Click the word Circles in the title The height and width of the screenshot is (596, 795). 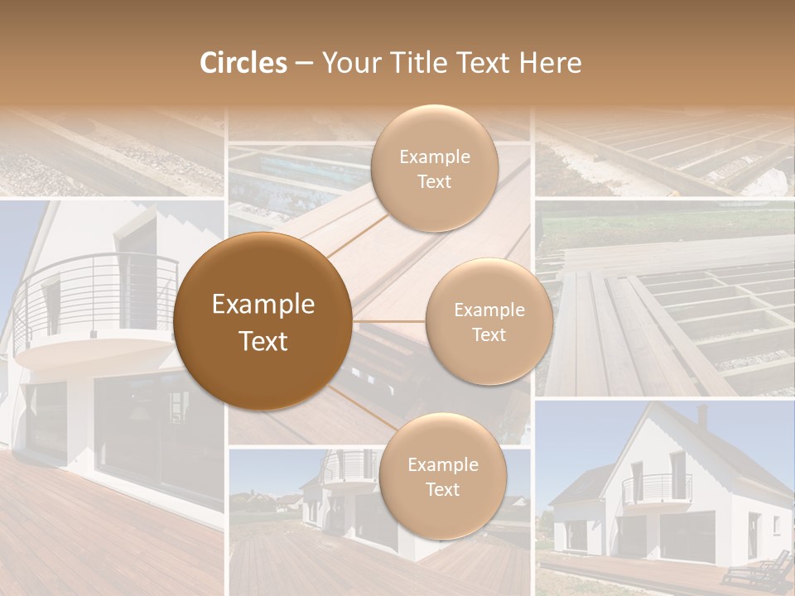coord(243,63)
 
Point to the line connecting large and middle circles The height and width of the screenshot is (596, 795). coord(389,321)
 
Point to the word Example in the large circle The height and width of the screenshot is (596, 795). coord(263,305)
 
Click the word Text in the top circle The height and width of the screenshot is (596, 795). coord(434,182)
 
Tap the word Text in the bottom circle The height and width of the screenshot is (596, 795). coord(442,489)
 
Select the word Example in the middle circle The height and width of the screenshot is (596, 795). coord(489,310)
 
